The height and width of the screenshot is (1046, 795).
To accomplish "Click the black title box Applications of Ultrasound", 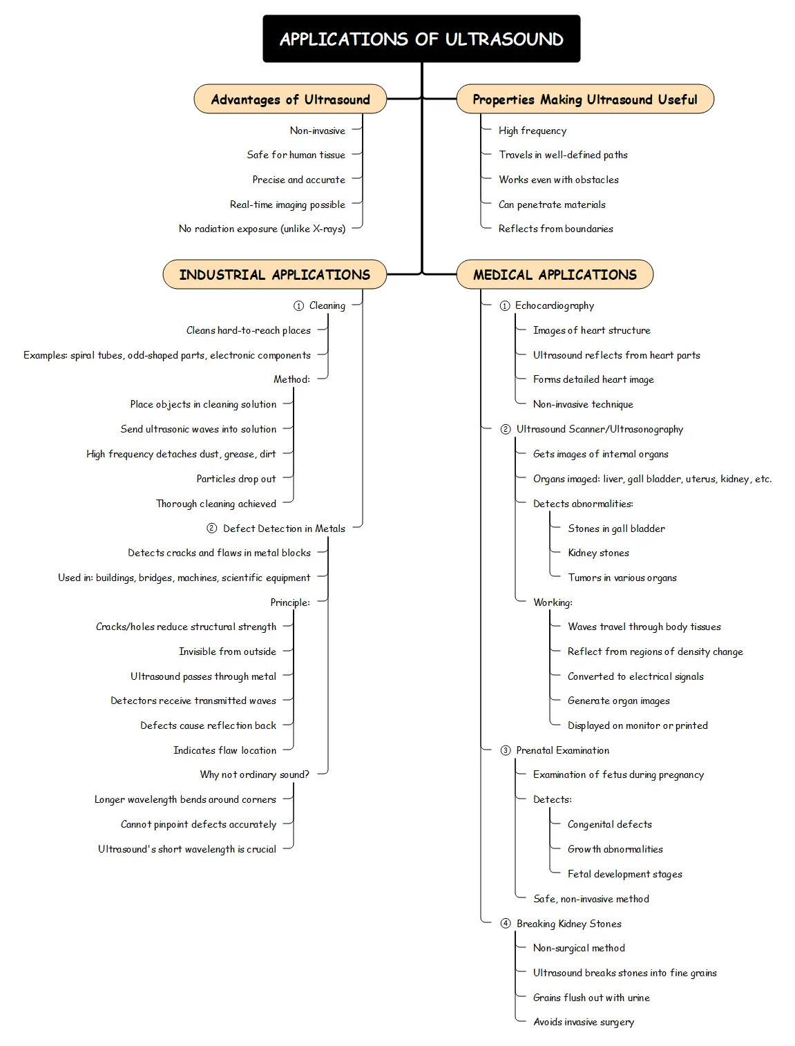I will click(421, 39).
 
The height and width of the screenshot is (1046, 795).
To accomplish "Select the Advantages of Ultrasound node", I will click(290, 99).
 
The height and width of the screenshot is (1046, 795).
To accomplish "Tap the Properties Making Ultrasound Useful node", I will click(585, 99).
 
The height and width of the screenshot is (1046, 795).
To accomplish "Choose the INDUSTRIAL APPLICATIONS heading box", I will click(274, 274).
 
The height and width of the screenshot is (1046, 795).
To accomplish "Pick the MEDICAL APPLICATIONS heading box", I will click(555, 274).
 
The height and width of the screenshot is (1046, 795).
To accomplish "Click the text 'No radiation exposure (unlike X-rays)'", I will click(262, 229).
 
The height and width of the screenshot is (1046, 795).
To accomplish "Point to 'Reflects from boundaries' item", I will click(555, 229).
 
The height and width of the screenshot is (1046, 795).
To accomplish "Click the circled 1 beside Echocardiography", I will click(505, 305).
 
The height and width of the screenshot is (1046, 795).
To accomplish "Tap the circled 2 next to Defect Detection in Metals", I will click(212, 529).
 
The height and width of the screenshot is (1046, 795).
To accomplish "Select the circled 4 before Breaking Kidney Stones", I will click(506, 924).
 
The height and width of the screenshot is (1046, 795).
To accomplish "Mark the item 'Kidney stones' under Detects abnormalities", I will click(598, 553).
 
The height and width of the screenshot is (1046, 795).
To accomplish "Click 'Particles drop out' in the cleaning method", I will click(236, 479).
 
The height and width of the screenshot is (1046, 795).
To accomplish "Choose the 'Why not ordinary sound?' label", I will click(254, 774).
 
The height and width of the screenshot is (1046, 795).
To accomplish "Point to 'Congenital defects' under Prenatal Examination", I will click(609, 824).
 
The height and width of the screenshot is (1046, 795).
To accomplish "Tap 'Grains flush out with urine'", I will click(591, 998).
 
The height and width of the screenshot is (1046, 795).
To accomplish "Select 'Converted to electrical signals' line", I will click(635, 676).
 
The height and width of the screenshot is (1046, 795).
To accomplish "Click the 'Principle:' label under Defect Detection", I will click(290, 602).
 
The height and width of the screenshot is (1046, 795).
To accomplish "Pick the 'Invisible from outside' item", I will click(227, 652).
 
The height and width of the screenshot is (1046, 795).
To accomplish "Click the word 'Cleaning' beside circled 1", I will click(327, 305).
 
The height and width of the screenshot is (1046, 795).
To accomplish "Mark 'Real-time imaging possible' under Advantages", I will click(287, 205).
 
